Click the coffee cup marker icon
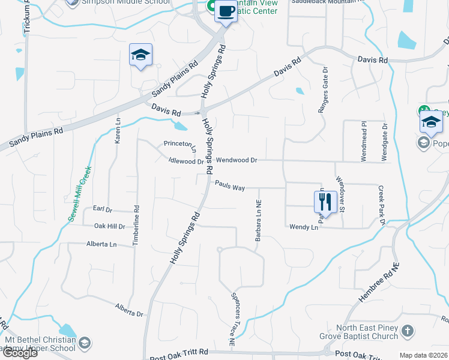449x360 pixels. click(226, 11)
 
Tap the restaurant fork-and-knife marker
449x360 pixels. click(325, 200)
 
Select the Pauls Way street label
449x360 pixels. click(230, 187)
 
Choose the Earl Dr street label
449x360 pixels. click(103, 209)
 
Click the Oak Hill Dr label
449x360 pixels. click(109, 226)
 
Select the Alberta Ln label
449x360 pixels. click(101, 244)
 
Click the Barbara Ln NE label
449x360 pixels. click(258, 221)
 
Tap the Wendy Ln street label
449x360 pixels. click(303, 227)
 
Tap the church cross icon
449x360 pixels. click(408, 331)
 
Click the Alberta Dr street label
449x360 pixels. click(129, 310)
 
